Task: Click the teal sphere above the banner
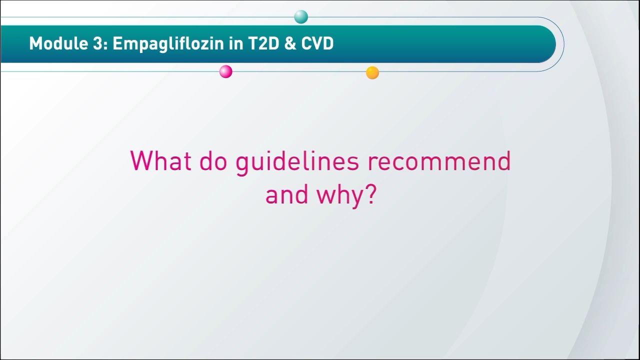(x=301, y=17)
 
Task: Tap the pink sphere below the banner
(x=225, y=71)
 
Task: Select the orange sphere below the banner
(x=372, y=72)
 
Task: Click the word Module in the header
(x=58, y=43)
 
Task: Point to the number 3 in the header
(x=97, y=43)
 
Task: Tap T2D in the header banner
(x=263, y=43)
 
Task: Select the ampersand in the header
(x=290, y=43)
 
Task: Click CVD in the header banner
(x=317, y=43)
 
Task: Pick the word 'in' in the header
(x=235, y=43)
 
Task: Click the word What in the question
(x=160, y=160)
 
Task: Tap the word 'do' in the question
(x=213, y=160)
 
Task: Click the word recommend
(x=439, y=160)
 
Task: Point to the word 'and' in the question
(x=287, y=194)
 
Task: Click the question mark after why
(x=371, y=193)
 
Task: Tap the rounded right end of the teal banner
(x=550, y=44)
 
